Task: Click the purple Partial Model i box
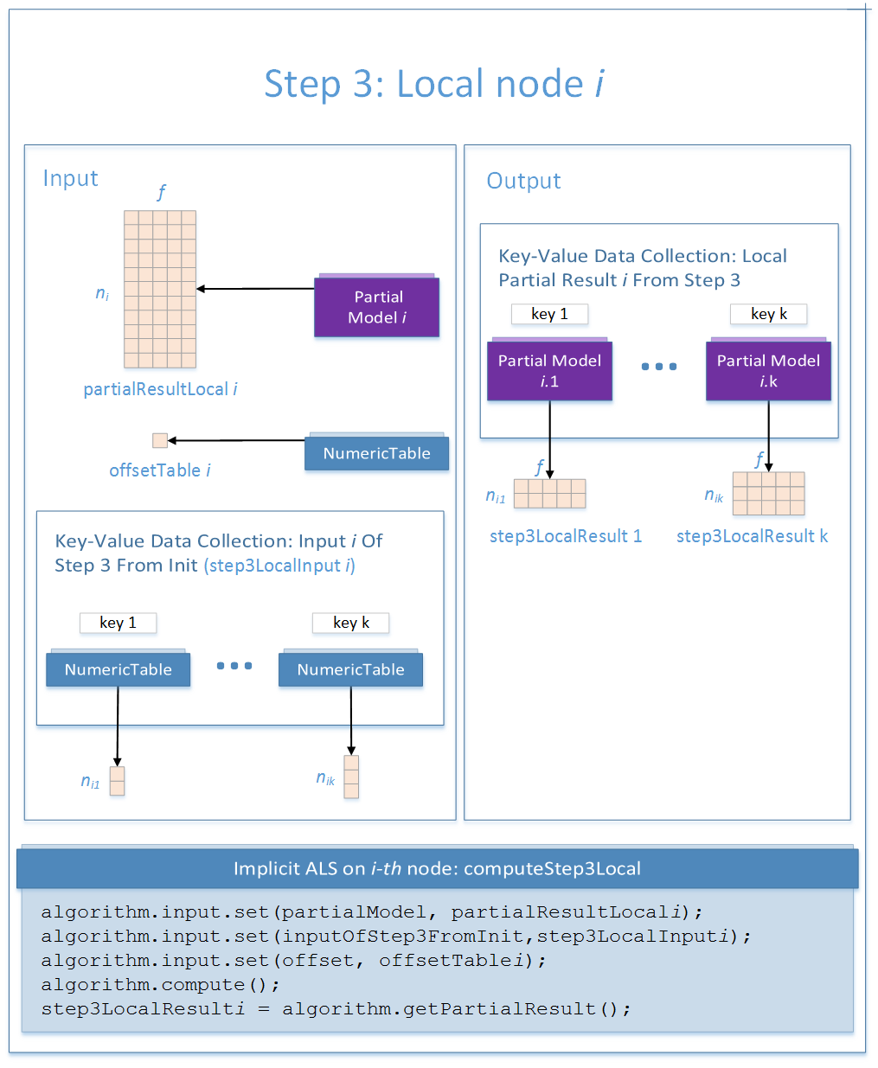coord(376,307)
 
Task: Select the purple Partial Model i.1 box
coord(549,370)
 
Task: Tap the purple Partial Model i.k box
coord(768,370)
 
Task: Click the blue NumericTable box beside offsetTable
coord(376,453)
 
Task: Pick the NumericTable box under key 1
coord(118,669)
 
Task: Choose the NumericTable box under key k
coord(350,669)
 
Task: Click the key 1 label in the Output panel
coord(549,314)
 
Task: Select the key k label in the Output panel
coord(768,314)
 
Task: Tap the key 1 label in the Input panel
coord(118,623)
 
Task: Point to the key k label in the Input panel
coord(350,623)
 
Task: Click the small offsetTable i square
coord(159,440)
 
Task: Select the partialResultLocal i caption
coord(160,389)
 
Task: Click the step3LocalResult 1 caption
coord(566,536)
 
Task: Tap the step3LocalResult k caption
coord(752,536)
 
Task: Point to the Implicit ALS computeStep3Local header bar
coord(437,868)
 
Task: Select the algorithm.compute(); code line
coord(160,984)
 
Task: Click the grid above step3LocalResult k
coord(768,493)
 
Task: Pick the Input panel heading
coord(70,178)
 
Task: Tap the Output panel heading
coord(523,181)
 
